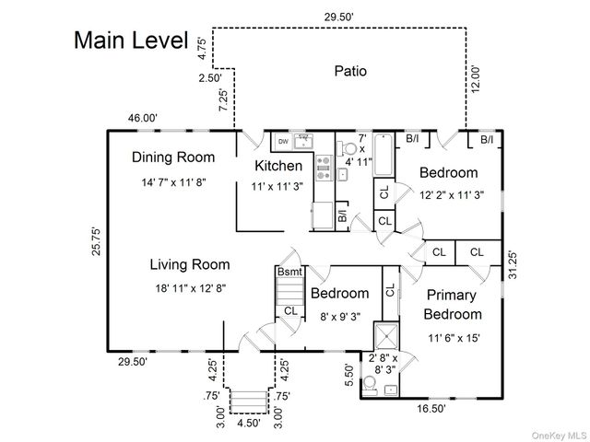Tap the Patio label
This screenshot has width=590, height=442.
point(350,70)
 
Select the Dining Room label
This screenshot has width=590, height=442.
point(172,157)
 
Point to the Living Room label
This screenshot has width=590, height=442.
point(190,264)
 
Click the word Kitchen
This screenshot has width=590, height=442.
point(278,166)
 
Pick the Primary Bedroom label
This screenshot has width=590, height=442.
point(451,305)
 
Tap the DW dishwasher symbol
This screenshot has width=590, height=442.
point(281,142)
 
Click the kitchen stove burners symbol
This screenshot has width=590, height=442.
point(324,166)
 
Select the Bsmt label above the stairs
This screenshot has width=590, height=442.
point(289,273)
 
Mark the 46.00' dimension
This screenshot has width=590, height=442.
point(143,118)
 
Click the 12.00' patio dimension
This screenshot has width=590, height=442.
point(476,76)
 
